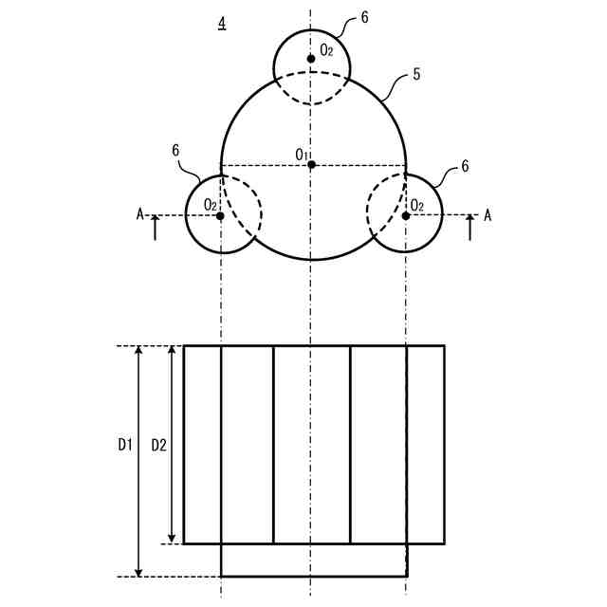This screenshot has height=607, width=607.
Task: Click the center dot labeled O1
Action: tap(311, 164)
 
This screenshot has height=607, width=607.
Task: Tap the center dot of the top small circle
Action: tap(311, 59)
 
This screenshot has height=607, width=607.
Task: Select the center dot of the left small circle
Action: tap(221, 216)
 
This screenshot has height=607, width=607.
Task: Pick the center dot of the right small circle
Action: tap(406, 216)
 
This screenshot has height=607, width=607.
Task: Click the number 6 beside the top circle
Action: tap(365, 17)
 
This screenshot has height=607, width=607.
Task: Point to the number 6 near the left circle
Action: tap(176, 150)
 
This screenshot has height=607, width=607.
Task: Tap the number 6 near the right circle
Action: tap(465, 166)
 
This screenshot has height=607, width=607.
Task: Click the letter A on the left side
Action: tap(139, 215)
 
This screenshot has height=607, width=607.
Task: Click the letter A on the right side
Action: tap(488, 215)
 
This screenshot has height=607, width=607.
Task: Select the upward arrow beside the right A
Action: tap(469, 228)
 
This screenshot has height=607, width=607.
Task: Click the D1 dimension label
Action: tap(125, 443)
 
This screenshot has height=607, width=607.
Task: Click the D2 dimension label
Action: tap(158, 443)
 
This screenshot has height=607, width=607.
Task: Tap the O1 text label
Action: tap(301, 154)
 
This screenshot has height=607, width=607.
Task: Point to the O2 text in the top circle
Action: tap(326, 49)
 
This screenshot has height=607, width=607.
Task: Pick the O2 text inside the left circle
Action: tap(211, 204)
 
